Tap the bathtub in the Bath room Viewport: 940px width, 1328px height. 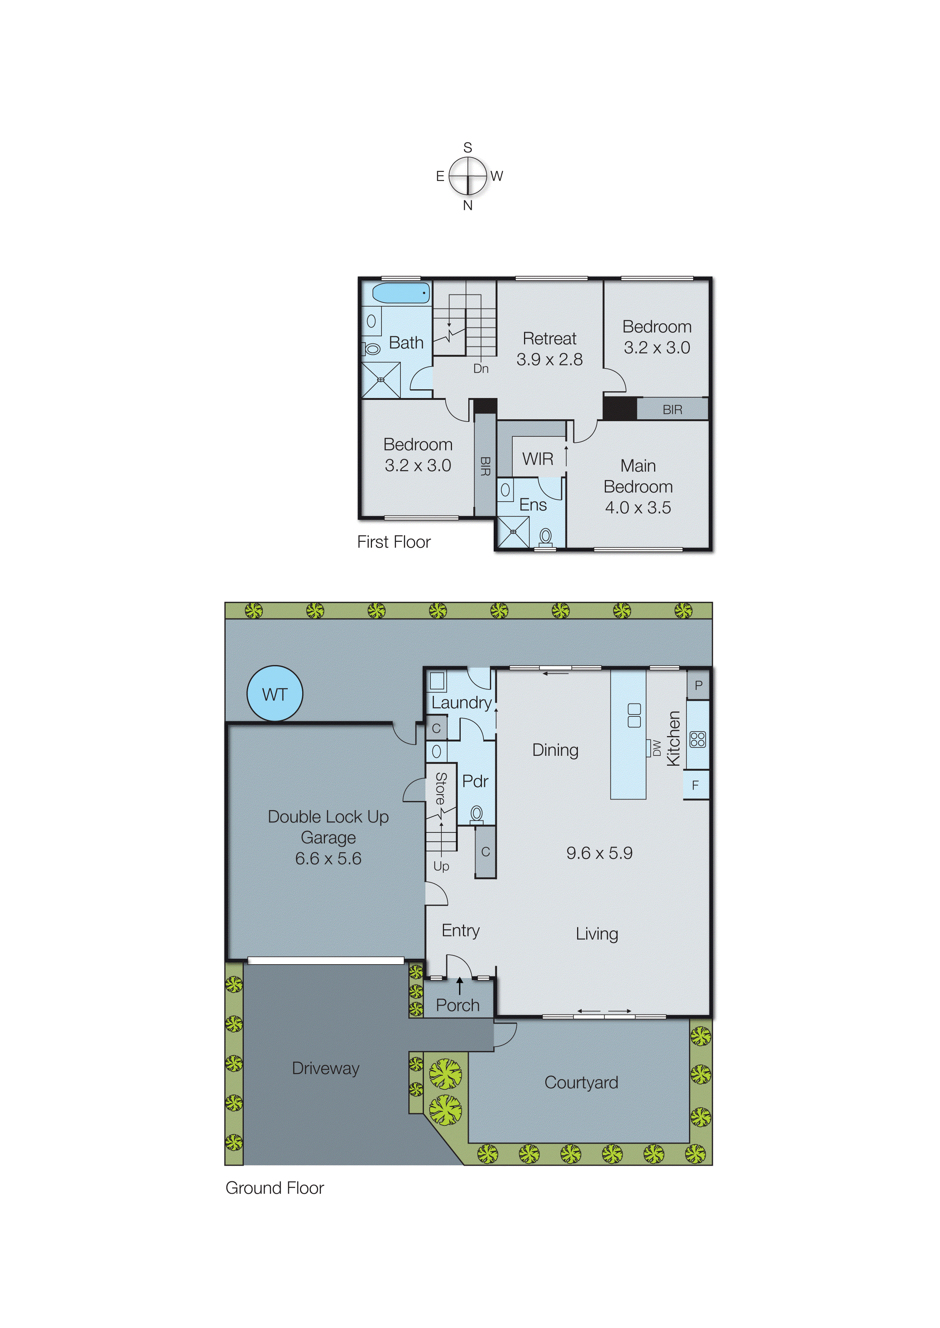[x=400, y=293]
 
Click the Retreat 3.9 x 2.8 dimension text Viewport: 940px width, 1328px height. [x=549, y=359]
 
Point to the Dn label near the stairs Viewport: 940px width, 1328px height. [x=480, y=369]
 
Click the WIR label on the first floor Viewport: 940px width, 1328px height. [x=537, y=459]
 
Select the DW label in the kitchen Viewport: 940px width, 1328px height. [x=656, y=748]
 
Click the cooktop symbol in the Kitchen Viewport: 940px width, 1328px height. [x=697, y=740]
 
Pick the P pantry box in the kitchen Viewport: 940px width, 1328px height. [x=698, y=685]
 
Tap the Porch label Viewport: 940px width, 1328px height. [x=457, y=1005]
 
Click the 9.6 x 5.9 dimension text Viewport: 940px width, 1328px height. [x=599, y=853]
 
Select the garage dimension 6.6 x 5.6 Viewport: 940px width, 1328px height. [x=328, y=858]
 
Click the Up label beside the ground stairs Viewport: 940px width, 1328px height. [x=441, y=866]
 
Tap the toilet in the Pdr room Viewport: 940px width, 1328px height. [x=476, y=814]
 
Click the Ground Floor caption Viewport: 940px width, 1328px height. [x=275, y=1188]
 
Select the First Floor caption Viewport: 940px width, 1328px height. [x=394, y=541]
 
